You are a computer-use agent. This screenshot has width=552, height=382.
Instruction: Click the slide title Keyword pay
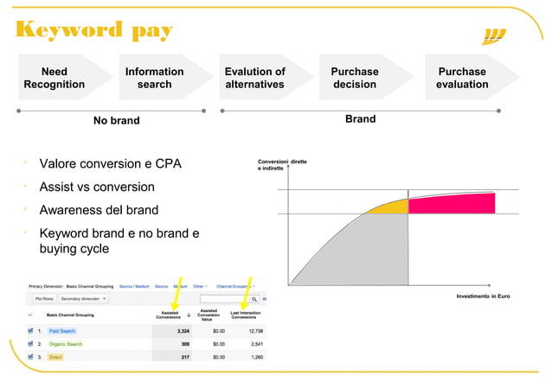point(93,30)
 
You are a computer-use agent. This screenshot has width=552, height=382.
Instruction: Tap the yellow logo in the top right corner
point(493,35)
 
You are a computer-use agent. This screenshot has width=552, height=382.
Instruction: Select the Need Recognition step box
point(55,78)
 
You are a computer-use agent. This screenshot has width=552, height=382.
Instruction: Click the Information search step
point(154,78)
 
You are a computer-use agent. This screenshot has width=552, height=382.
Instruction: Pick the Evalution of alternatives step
point(254,78)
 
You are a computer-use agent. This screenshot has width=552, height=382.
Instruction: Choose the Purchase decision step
point(355,78)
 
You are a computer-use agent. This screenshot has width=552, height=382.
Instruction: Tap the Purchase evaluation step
point(462,78)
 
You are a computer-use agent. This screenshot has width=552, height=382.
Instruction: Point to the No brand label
point(116,120)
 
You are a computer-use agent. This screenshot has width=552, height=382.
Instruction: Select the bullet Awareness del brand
point(99,210)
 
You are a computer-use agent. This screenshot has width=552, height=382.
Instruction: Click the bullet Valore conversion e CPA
point(110,163)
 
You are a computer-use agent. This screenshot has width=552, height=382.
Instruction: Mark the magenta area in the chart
point(451,204)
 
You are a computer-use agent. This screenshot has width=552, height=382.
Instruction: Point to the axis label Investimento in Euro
point(483,296)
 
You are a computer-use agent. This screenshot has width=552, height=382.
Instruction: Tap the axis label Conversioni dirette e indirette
point(282,165)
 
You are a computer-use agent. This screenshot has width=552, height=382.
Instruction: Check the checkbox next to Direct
point(31,356)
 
